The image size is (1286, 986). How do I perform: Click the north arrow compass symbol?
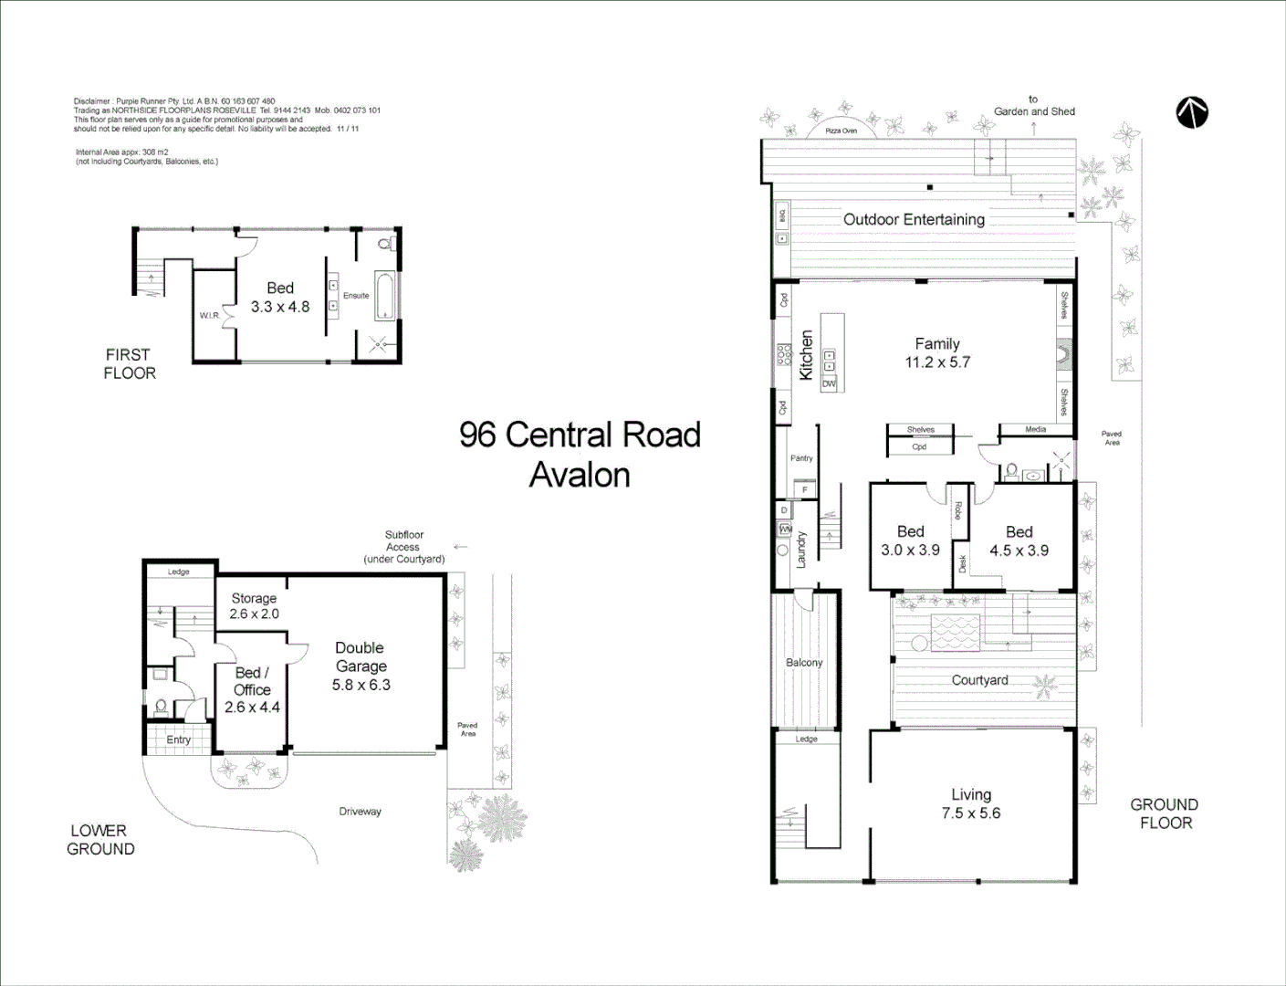pyautogui.click(x=1191, y=112)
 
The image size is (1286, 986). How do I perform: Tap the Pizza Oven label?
pyautogui.click(x=841, y=131)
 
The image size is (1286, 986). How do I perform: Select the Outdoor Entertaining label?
pyautogui.click(x=914, y=219)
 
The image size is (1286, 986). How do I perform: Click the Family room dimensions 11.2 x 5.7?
pyautogui.click(x=937, y=362)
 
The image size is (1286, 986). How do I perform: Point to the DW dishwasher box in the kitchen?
pyautogui.click(x=829, y=384)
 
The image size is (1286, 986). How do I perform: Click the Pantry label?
pyautogui.click(x=801, y=458)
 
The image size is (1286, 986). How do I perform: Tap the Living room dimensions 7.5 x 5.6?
pyautogui.click(x=971, y=813)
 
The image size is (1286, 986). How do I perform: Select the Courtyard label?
pyautogui.click(x=979, y=680)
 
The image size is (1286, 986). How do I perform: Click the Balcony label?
pyautogui.click(x=804, y=663)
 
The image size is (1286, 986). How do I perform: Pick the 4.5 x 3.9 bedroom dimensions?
pyautogui.click(x=1019, y=551)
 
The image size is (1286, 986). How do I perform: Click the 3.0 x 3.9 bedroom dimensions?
pyautogui.click(x=910, y=551)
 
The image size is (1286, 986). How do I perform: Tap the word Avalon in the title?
pyautogui.click(x=580, y=476)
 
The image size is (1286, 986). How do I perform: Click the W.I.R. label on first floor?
pyautogui.click(x=209, y=316)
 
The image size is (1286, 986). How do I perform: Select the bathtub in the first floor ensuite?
pyautogui.click(x=385, y=296)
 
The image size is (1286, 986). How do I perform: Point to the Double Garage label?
pyautogui.click(x=361, y=657)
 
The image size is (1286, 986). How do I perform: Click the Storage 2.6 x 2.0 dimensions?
pyautogui.click(x=254, y=614)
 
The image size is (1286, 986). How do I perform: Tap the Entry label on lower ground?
pyautogui.click(x=178, y=739)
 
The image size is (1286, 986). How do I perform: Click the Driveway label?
pyautogui.click(x=360, y=812)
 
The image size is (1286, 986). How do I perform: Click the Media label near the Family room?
pyautogui.click(x=1035, y=429)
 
